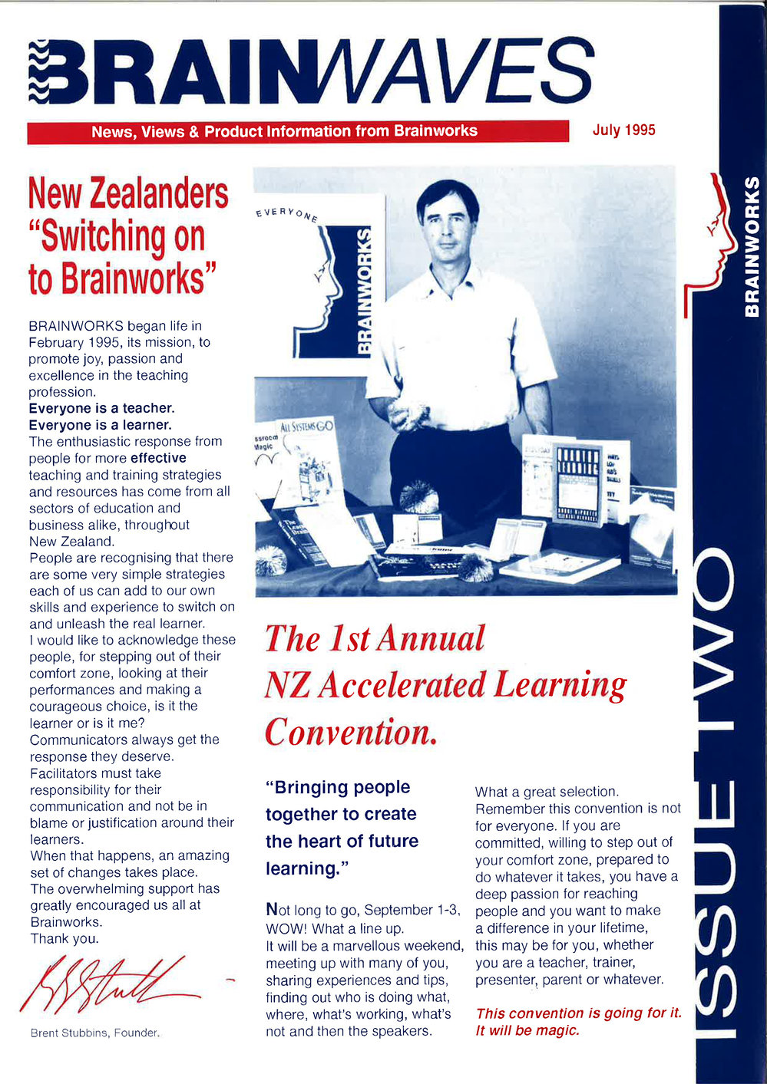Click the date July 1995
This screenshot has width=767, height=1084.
tap(623, 130)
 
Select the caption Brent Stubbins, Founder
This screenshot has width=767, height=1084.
tap(94, 1033)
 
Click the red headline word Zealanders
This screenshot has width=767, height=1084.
tap(159, 193)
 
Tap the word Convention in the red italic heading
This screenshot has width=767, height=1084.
tap(350, 731)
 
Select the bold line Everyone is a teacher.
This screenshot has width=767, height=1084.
tap(101, 408)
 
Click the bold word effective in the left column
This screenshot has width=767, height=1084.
tap(158, 458)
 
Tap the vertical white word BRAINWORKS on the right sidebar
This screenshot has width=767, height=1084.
tap(752, 245)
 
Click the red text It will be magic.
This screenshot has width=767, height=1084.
tap(527, 1030)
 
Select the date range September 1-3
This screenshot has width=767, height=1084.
tap(412, 910)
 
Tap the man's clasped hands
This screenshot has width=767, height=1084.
tap(407, 414)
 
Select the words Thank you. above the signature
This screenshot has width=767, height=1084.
tap(64, 938)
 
